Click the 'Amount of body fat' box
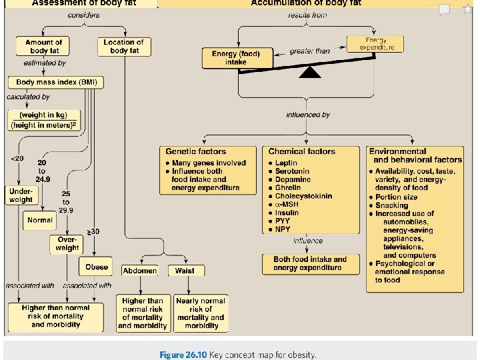tap(44, 47)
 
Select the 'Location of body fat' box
tap(123, 46)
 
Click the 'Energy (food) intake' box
tap(231, 58)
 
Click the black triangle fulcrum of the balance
tap(310, 72)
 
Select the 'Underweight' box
tap(21, 195)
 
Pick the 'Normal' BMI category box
tap(40, 220)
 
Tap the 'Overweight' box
tap(67, 243)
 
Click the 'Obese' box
tap(97, 267)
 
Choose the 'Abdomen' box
tap(140, 271)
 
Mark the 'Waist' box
tap(185, 271)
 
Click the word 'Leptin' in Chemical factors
tap(287, 163)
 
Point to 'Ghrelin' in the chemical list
tap(289, 188)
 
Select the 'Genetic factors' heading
tap(195, 152)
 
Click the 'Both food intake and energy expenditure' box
tap(310, 263)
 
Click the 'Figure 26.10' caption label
tap(183, 354)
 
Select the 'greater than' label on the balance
tap(309, 51)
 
